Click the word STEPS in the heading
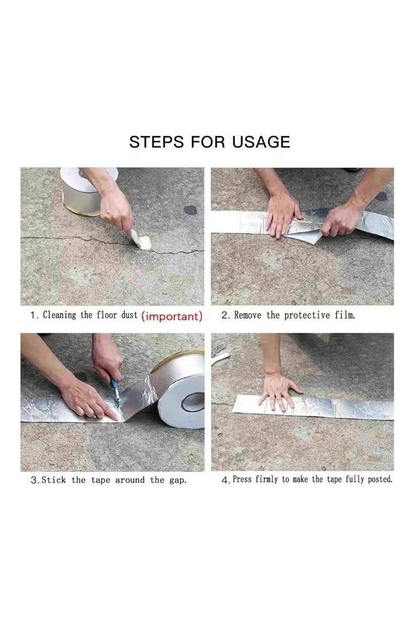point(155,142)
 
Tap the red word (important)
point(171,316)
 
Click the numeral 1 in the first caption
point(33,316)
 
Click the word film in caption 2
point(344,316)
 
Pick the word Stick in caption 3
point(53,480)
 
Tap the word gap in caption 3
point(176,481)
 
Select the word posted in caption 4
point(380,480)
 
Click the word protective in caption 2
point(307,316)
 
